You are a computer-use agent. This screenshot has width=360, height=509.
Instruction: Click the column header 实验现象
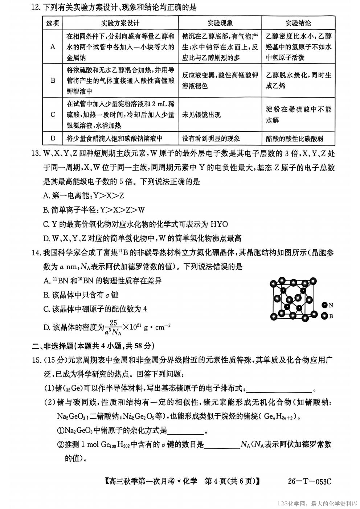(220, 23)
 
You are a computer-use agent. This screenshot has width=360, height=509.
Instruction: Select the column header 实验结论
(298, 23)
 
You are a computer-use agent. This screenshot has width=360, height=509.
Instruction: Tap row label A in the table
(53, 47)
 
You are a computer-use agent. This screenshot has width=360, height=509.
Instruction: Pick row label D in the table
(53, 138)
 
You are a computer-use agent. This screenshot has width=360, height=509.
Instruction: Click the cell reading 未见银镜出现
(201, 115)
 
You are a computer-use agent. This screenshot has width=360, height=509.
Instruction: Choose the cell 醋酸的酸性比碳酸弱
(294, 139)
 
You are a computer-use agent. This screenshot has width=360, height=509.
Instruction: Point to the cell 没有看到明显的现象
(211, 139)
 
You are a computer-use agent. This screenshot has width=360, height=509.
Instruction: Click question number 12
(36, 7)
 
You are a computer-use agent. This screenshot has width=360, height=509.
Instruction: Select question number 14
(36, 253)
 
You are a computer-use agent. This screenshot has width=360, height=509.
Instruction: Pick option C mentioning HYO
(135, 224)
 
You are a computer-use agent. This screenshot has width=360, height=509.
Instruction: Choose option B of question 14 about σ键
(81, 295)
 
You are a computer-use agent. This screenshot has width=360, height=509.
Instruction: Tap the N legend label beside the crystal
(331, 305)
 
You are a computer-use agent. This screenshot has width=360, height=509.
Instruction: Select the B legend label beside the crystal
(331, 316)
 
